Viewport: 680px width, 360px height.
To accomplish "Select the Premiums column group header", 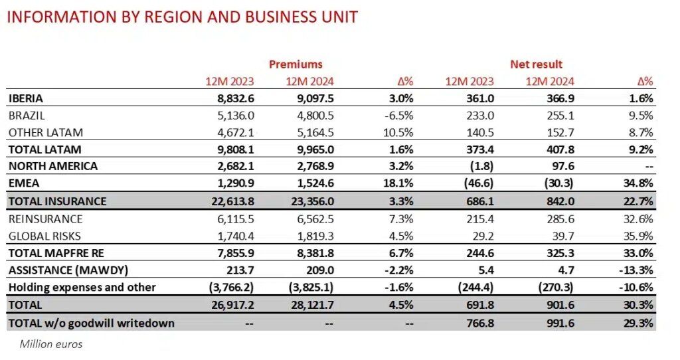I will click(296, 64).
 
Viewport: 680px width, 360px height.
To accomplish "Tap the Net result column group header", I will click(536, 64).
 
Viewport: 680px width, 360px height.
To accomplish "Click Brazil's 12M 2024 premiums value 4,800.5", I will click(311, 115).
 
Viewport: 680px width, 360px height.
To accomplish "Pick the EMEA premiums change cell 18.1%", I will click(398, 183).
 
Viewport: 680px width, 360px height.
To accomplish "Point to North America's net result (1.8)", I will click(480, 166).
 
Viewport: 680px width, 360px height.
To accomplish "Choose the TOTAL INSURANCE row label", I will click(57, 201).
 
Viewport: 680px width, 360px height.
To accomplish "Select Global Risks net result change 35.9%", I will click(639, 236).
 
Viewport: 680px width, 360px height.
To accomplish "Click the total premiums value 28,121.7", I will click(309, 306).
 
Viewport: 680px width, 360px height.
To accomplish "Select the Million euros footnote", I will click(51, 343).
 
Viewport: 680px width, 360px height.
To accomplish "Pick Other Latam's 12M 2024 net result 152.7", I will click(560, 132).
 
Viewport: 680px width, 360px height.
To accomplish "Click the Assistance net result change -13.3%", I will click(636, 270).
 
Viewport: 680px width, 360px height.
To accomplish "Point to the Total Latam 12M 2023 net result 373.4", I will click(479, 149).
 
